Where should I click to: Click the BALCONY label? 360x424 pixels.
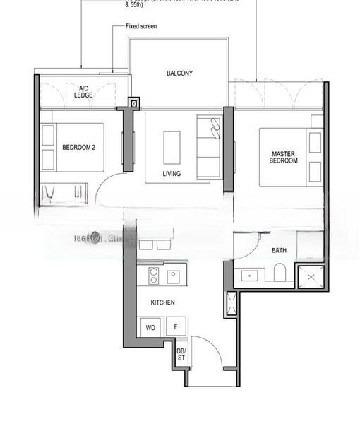click(179, 73)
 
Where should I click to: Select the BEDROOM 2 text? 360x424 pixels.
click(78, 147)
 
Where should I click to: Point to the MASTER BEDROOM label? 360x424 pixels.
click(284, 157)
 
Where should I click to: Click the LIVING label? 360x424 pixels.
click(171, 174)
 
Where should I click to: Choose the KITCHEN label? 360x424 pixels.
click(162, 302)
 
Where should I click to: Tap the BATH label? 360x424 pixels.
click(279, 251)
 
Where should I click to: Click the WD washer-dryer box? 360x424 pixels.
click(150, 328)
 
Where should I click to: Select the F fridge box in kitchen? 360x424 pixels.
click(176, 328)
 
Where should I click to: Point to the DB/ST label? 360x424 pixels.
click(181, 354)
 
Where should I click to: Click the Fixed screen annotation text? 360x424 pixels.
click(141, 26)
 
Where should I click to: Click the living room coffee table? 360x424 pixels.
click(172, 147)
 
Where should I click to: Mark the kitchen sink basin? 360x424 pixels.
click(174, 276)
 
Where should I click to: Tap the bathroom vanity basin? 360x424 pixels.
click(248, 276)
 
